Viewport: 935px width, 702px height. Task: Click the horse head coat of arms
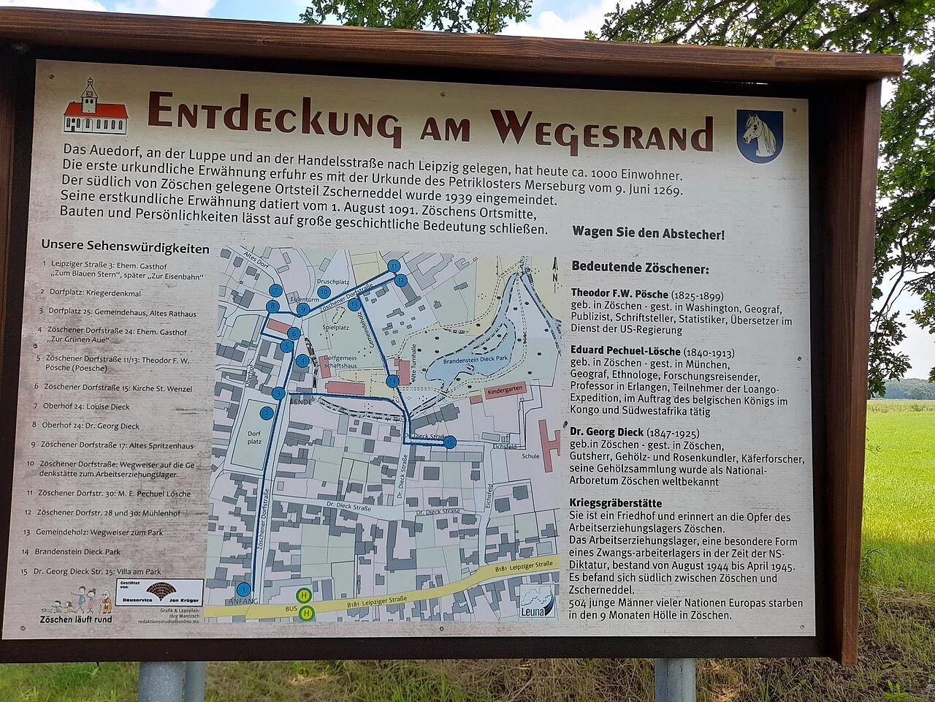(759, 136)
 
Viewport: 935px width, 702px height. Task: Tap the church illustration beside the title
(95, 107)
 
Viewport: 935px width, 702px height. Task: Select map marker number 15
(449, 442)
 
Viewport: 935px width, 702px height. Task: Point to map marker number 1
(244, 589)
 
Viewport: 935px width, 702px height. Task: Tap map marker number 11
(394, 266)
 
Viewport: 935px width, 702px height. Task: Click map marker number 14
(393, 380)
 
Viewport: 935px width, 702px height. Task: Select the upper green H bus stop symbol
(304, 595)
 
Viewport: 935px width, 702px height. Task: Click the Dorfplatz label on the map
(254, 437)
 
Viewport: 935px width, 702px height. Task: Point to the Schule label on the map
(531, 456)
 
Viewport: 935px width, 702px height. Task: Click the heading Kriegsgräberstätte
(617, 503)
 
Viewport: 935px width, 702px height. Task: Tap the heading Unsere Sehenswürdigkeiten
(125, 248)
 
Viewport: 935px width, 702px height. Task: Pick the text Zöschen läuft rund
(76, 619)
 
